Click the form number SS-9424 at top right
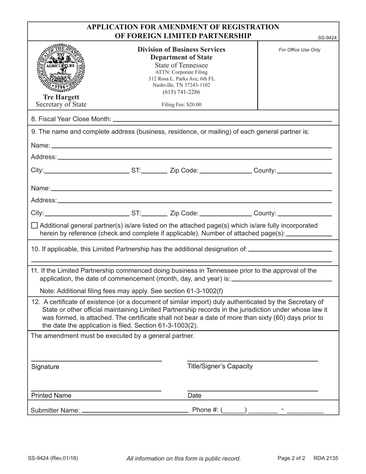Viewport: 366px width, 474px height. (327, 38)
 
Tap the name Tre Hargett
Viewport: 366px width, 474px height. (61, 97)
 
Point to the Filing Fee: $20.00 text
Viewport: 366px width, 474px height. (181, 104)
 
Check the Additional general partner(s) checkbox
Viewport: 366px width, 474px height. (34, 225)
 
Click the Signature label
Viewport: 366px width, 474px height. (45, 367)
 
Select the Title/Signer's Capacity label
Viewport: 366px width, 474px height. (220, 366)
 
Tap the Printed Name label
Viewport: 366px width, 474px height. (51, 395)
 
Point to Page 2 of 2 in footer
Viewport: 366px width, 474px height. (291, 458)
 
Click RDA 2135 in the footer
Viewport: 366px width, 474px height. (326, 458)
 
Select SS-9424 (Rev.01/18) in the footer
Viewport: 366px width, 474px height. (53, 458)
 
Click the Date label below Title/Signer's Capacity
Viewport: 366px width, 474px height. (194, 395)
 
